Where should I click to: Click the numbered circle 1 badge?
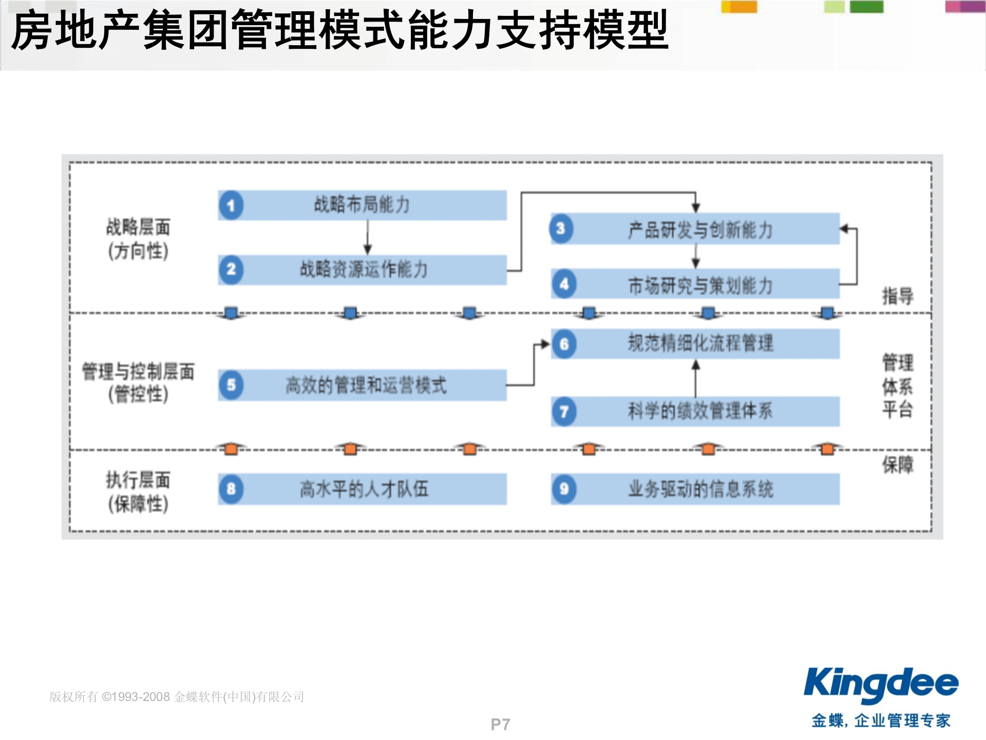231,206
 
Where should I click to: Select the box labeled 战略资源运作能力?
363,270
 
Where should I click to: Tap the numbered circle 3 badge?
561,229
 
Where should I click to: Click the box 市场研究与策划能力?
696,284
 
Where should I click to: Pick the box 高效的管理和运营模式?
363,385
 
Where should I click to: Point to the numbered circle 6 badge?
564,344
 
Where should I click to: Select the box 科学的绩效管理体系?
696,411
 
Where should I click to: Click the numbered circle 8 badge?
231,489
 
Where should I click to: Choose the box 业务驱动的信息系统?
696,489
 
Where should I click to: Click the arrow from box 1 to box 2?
368,237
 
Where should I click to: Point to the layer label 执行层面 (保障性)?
138,492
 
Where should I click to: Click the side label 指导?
898,296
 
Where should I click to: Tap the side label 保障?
898,465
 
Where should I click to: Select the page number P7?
500,725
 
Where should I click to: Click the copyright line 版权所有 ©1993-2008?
177,697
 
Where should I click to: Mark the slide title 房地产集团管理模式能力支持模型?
340,31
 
